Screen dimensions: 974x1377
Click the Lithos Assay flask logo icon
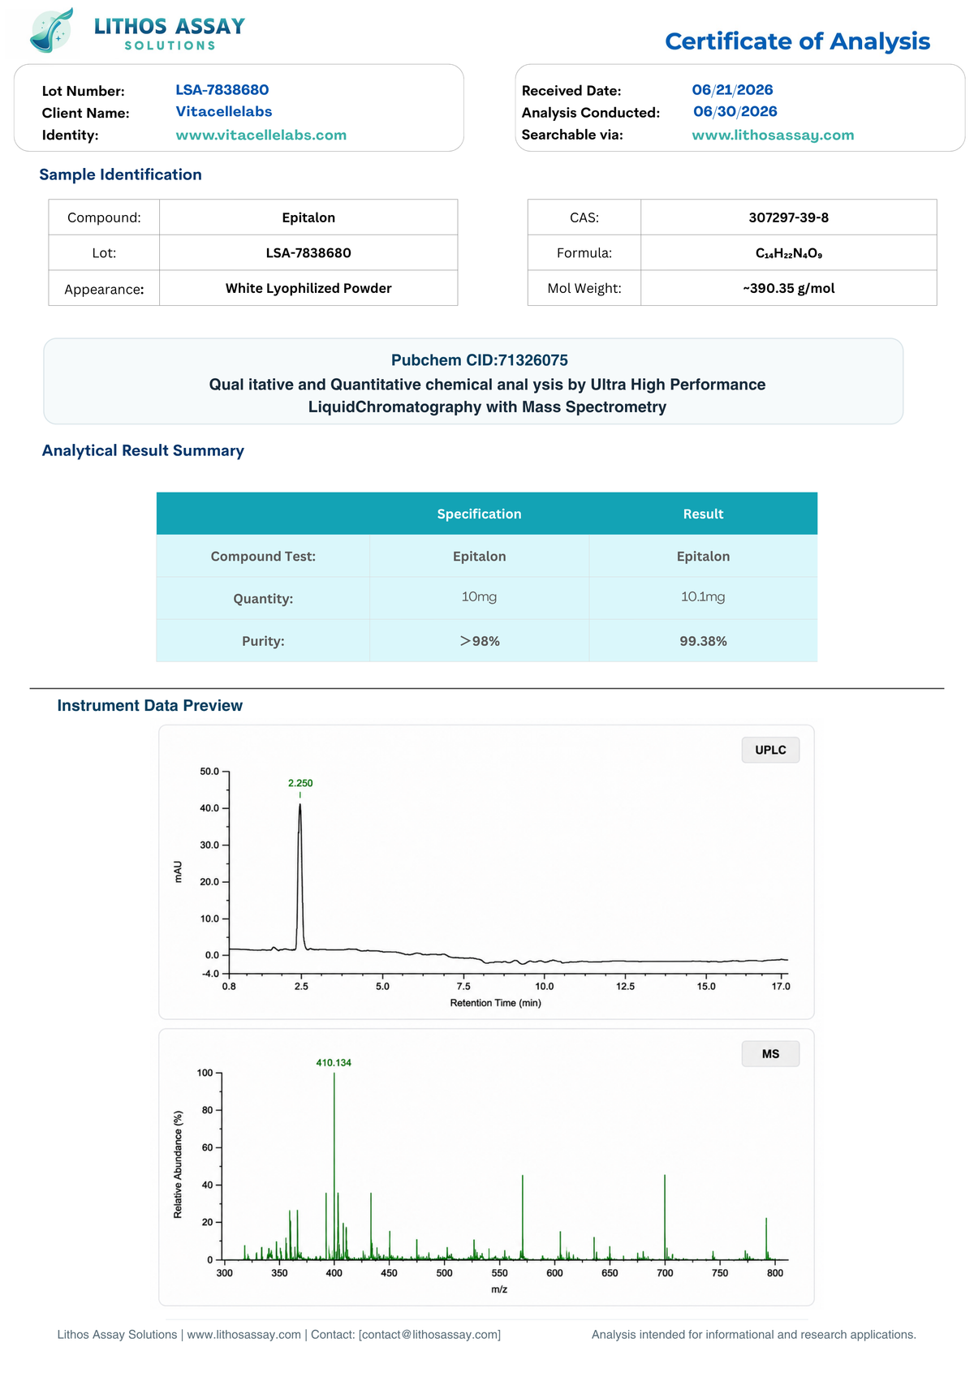click(x=52, y=30)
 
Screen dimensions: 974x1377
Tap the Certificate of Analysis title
click(x=797, y=41)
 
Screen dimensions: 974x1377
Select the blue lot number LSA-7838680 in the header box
click(x=222, y=90)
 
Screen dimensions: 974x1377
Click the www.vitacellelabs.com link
click(x=261, y=135)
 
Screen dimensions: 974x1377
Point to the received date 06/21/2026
click(x=732, y=90)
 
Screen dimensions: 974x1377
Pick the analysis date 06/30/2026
click(x=735, y=111)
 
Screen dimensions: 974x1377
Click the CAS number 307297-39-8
click(x=788, y=217)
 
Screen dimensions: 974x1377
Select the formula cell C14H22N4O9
click(x=788, y=253)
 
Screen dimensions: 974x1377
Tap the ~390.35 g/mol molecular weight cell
click(x=788, y=288)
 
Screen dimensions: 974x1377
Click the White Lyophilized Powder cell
click(x=308, y=288)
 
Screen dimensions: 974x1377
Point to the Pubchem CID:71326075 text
click(x=479, y=360)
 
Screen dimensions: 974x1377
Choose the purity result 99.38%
click(x=703, y=641)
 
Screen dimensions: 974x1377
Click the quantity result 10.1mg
click(x=703, y=597)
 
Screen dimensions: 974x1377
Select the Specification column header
click(x=479, y=514)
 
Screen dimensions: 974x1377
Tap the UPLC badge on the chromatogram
click(x=769, y=750)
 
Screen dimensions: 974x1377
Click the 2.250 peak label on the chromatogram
click(x=300, y=783)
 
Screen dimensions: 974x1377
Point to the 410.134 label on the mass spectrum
click(x=334, y=1063)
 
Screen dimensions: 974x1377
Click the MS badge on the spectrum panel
click(x=769, y=1054)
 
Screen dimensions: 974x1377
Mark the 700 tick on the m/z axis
click(x=665, y=1273)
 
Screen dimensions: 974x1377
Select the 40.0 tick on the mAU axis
click(x=209, y=808)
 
